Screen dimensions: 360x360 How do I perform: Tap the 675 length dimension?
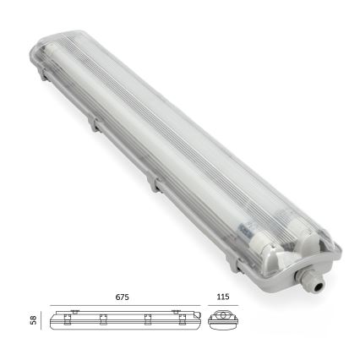123,297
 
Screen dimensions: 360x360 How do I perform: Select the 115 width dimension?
221,297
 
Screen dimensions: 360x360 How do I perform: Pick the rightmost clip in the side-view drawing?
177,319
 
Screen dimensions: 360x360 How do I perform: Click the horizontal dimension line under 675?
123,306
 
